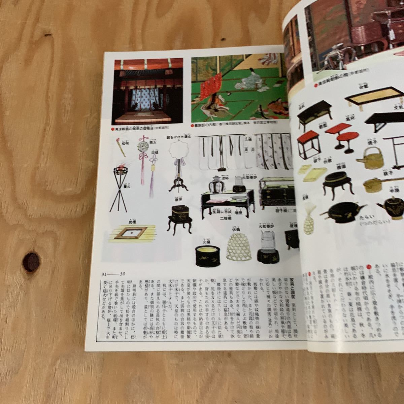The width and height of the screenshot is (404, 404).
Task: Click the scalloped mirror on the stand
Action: coord(176,151)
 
